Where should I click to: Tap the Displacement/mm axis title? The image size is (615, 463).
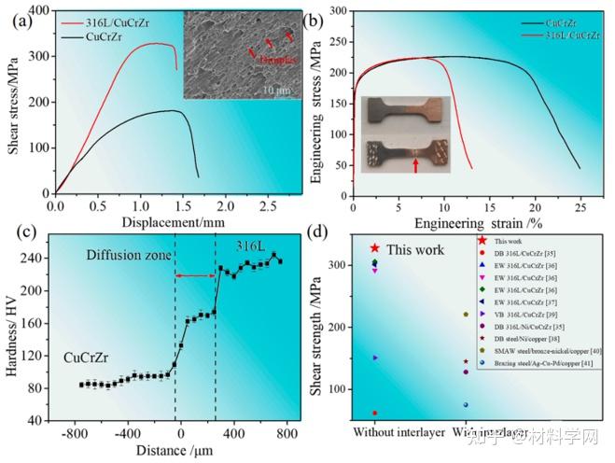(x=162, y=221)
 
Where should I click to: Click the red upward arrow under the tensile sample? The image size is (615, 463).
(x=415, y=166)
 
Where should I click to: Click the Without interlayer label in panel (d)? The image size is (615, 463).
(x=389, y=433)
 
